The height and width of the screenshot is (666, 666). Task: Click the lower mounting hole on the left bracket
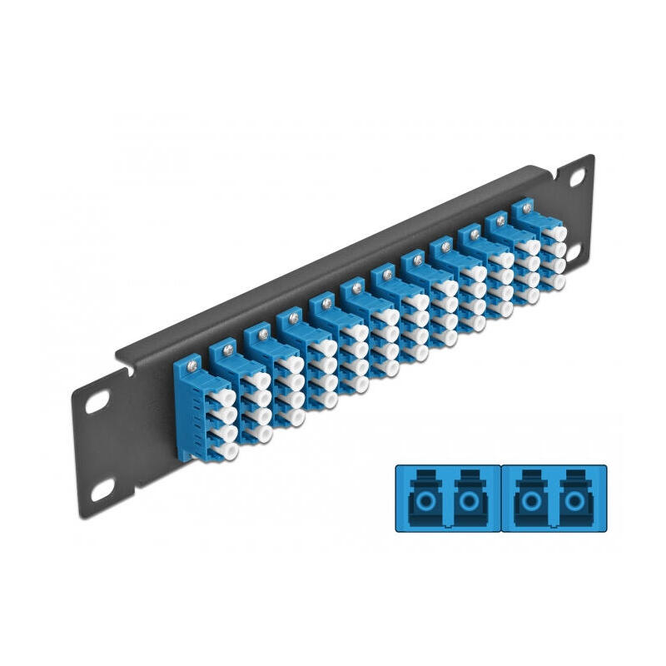pos(102,490)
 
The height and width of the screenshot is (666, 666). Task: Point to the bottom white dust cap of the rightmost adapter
pos(556,282)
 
